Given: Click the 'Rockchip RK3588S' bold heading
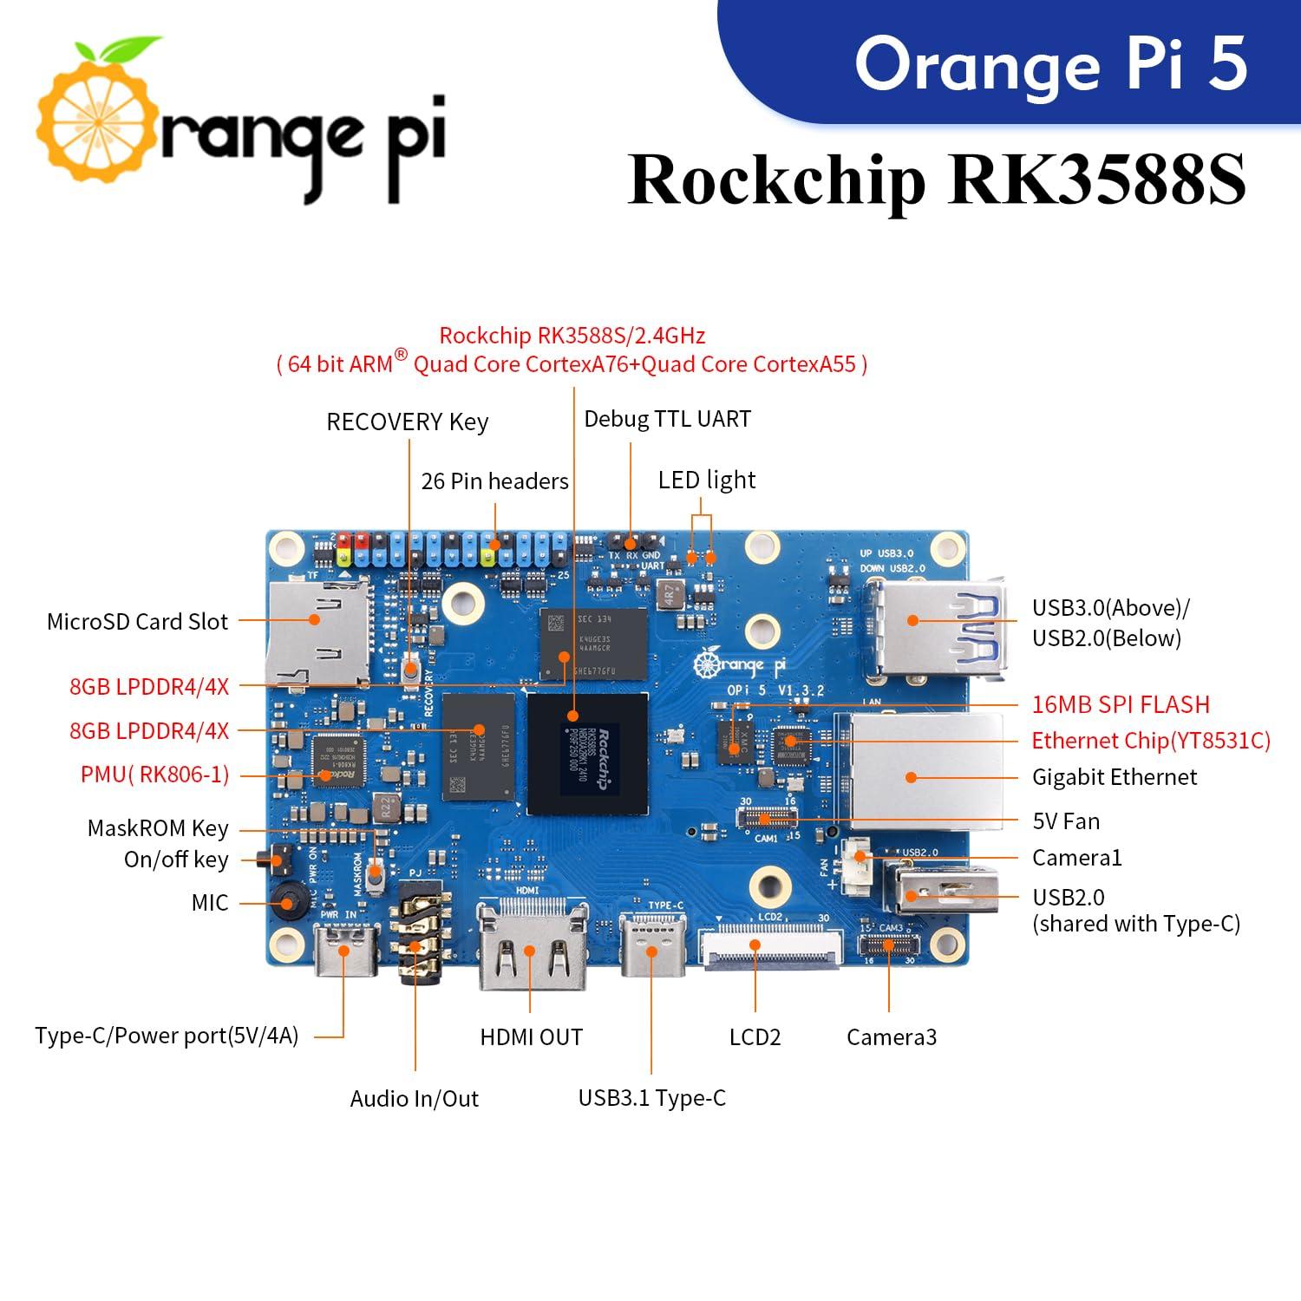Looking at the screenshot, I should click(937, 180).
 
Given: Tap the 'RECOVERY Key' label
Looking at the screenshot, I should click(407, 422).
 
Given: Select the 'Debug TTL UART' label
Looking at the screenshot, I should click(667, 419).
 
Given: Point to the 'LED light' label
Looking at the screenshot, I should click(706, 480).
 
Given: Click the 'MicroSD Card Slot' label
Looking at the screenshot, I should click(137, 622).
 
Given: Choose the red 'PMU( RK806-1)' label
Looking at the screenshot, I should click(154, 775).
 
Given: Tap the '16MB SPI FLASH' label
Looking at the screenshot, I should click(1121, 704).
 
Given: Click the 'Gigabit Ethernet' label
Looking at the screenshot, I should click(1114, 777).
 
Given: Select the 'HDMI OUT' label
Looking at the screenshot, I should click(531, 1037).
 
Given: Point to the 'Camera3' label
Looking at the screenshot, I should click(891, 1037).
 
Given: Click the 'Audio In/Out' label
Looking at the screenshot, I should click(414, 1099).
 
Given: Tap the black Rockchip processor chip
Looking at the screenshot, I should click(587, 753).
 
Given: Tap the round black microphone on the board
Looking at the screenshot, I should click(286, 902).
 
